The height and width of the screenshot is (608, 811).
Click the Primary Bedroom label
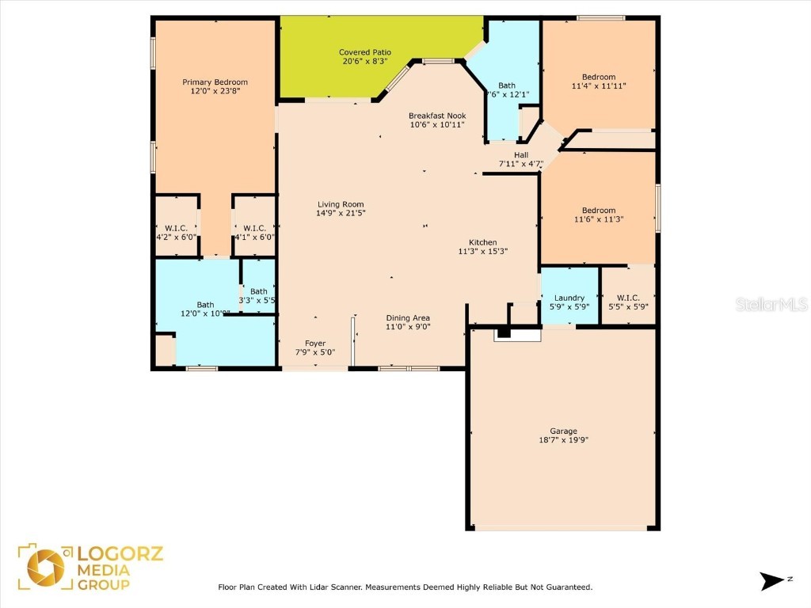[x=215, y=82]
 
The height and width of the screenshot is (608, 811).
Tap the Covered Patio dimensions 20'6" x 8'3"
[x=365, y=62]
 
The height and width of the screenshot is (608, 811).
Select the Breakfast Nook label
[x=436, y=116]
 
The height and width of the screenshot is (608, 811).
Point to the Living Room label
[x=341, y=204]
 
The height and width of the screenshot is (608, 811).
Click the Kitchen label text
[x=482, y=242]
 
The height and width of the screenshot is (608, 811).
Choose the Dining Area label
[x=408, y=317]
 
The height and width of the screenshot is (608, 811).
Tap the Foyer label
[x=315, y=344]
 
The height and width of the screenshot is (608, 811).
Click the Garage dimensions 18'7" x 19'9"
[x=563, y=440]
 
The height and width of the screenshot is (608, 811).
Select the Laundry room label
[x=569, y=298]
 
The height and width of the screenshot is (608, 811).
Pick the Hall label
[x=520, y=155]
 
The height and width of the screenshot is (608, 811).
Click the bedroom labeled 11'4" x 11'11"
[x=598, y=82]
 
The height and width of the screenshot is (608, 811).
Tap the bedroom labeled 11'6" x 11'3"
[x=598, y=215]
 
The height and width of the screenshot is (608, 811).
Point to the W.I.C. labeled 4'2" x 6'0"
[x=175, y=232]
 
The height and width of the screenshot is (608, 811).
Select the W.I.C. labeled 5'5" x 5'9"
[x=628, y=302]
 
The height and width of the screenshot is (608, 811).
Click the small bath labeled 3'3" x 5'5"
[x=258, y=296]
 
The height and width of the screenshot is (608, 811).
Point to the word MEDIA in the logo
[x=103, y=569]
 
